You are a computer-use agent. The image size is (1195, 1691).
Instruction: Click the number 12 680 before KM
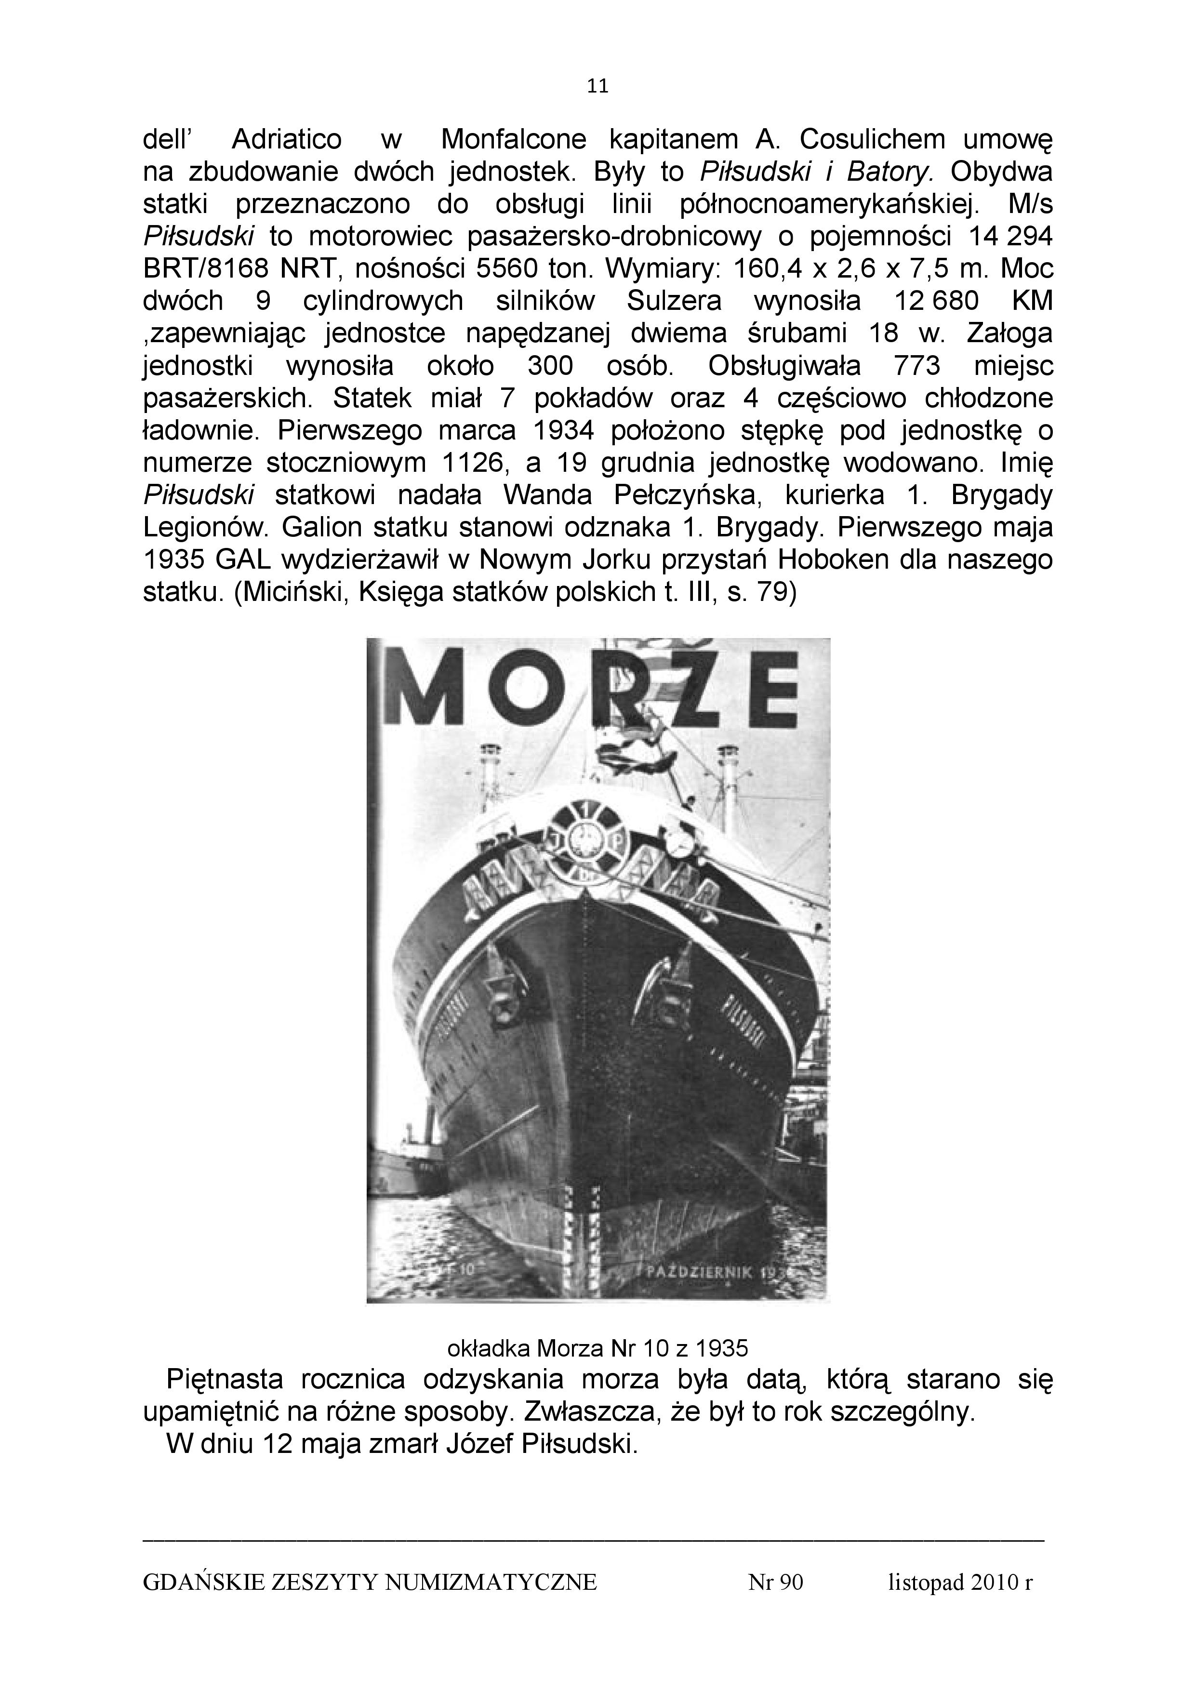coord(935,301)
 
